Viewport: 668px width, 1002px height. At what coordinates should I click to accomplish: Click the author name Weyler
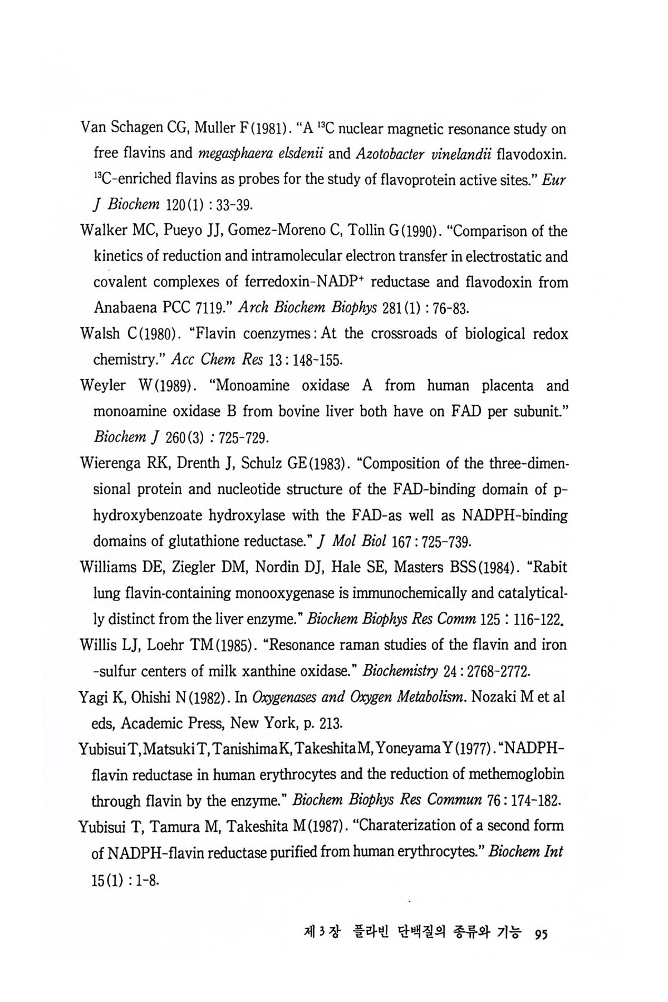pos(103,385)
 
